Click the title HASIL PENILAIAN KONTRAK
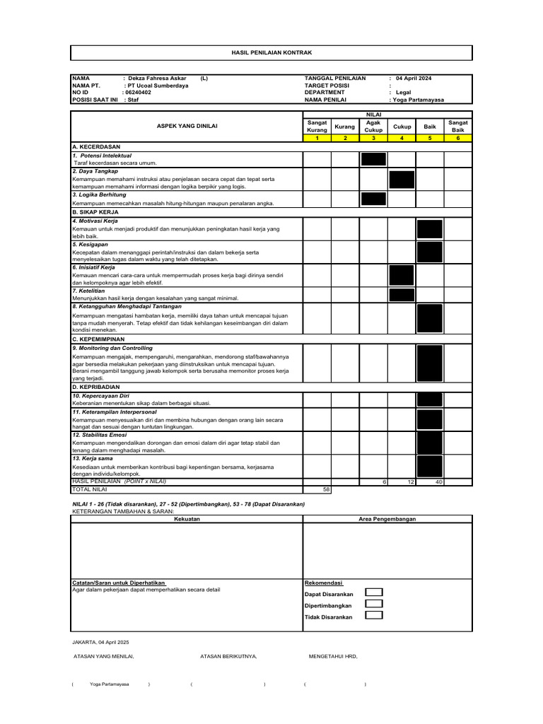pos(271,53)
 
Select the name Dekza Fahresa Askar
pos(159,78)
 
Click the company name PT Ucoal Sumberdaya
pos(156,85)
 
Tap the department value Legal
pos(403,92)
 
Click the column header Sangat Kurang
pos(317,126)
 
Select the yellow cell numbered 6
pos(457,138)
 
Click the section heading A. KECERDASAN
pos(95,146)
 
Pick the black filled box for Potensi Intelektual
pos(373,159)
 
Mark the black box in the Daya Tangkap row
pos(401,179)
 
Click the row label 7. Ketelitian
pos(89,291)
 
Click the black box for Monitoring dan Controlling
pos(429,363)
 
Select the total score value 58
pos(325,489)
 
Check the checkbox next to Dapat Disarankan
pos(374,592)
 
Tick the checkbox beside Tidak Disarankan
pos(374,615)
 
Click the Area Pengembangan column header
pos(387,518)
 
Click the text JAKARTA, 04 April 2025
pos(101,642)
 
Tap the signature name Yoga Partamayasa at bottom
pos(110,684)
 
